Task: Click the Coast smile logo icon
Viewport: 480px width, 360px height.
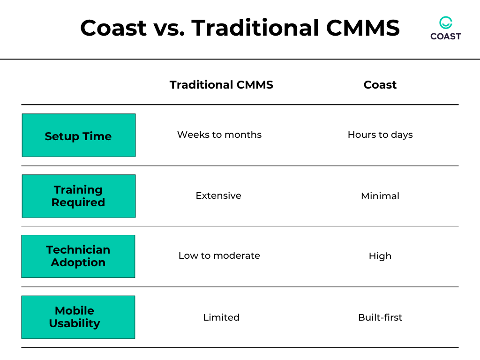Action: pos(445,22)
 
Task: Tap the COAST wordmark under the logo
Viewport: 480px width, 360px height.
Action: pos(445,37)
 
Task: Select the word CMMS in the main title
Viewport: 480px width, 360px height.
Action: pos(363,28)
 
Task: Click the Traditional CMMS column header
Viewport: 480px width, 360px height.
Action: pos(221,85)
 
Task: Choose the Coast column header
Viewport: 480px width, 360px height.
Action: pos(380,85)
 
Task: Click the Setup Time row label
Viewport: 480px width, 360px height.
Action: pos(78,136)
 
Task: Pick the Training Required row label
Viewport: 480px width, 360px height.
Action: pos(78,196)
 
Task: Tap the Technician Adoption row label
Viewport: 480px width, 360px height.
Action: pos(78,256)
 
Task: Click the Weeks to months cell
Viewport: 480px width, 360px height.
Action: pos(219,135)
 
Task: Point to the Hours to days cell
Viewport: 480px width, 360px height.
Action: pos(380,135)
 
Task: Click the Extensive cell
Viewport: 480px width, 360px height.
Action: pos(218,195)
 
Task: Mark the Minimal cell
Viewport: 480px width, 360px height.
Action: pos(380,196)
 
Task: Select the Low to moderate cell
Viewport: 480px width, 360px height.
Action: pos(219,255)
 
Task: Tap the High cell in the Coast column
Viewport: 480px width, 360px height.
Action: pos(380,256)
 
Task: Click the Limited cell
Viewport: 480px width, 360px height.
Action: pos(221,317)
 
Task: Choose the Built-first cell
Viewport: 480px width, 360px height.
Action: pos(380,317)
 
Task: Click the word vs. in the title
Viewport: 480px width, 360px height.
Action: pos(169,28)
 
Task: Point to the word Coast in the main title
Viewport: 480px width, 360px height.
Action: pos(113,28)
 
